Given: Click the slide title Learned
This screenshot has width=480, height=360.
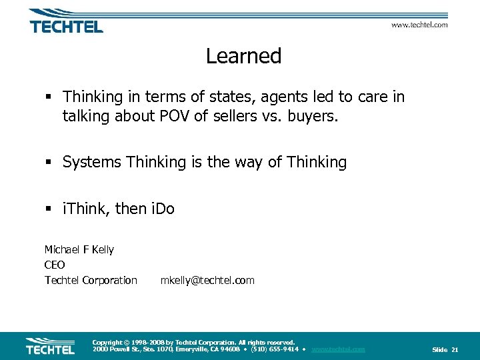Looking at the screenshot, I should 243,56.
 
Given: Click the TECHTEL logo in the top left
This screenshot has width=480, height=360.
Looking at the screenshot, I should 65,22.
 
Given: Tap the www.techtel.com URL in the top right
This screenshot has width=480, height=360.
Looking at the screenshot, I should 419,25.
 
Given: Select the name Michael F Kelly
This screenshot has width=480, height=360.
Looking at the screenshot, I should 79,249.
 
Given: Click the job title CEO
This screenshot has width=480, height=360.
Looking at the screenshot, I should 55,265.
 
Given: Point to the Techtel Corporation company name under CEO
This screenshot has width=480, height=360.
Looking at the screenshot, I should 91,280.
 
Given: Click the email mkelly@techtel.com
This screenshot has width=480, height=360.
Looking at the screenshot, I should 207,280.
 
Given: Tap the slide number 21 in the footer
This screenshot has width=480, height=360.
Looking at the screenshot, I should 455,349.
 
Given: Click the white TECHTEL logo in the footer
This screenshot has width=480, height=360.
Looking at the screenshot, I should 50,347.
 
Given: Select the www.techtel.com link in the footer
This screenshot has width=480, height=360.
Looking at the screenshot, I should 338,349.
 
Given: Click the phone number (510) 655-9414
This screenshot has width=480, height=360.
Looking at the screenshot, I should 274,349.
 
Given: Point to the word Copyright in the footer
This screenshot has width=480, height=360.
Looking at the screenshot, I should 107,342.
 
